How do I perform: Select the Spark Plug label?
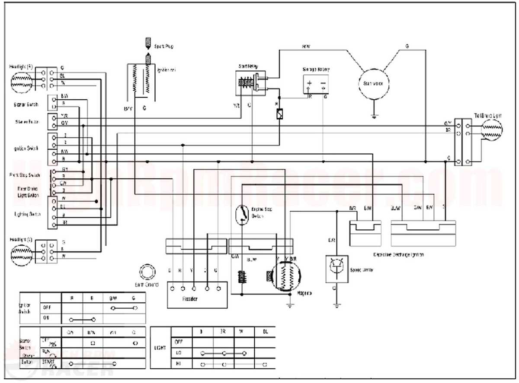[164, 46]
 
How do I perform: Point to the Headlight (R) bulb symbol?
[21, 80]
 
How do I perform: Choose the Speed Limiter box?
[337, 269]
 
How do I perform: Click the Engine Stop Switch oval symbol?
[242, 214]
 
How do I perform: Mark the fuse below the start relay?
[279, 115]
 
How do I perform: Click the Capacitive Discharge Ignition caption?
[398, 255]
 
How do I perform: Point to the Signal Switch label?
[26, 104]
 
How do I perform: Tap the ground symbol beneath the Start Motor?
[373, 116]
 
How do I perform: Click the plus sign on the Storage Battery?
[310, 83]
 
